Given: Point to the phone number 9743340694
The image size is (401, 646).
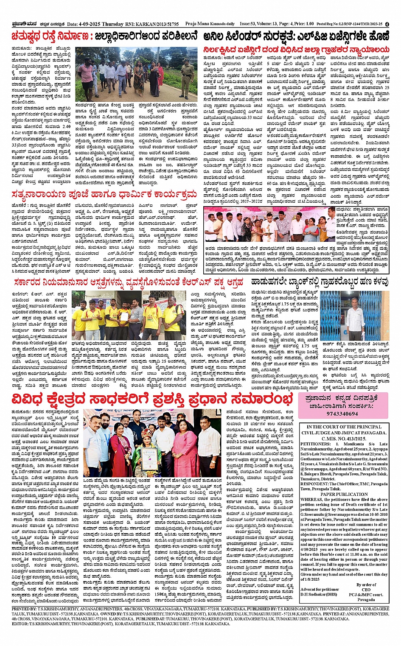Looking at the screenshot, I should coord(343,414).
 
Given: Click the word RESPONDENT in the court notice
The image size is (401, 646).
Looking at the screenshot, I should coord(314,484).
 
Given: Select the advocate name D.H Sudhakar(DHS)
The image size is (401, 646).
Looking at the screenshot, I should coord(319,594).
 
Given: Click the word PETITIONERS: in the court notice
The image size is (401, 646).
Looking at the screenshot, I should coord(315,444).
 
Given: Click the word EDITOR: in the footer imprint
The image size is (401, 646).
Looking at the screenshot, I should coord(20,624).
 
